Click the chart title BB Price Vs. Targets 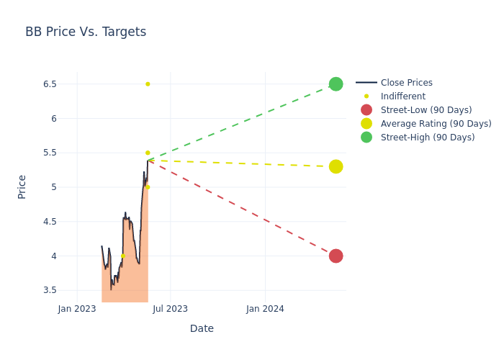[x=86, y=32]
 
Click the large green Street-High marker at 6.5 [x=336, y=84]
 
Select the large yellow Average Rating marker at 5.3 [x=336, y=166]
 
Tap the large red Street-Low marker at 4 [x=336, y=256]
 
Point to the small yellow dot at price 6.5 [x=148, y=84]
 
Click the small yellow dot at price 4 [x=122, y=256]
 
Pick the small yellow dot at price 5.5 [x=148, y=153]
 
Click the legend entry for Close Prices [x=406, y=83]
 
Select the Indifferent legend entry [x=402, y=96]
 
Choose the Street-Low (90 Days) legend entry [x=426, y=110]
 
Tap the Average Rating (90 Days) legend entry [x=436, y=124]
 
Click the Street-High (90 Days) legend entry [x=427, y=138]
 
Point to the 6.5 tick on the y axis [x=49, y=84]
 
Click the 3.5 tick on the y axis [x=49, y=290]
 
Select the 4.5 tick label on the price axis [x=49, y=222]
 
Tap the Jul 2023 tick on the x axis [x=171, y=309]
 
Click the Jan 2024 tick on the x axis [x=265, y=309]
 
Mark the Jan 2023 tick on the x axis [x=77, y=309]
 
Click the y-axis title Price [x=22, y=186]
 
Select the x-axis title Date [x=202, y=329]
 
